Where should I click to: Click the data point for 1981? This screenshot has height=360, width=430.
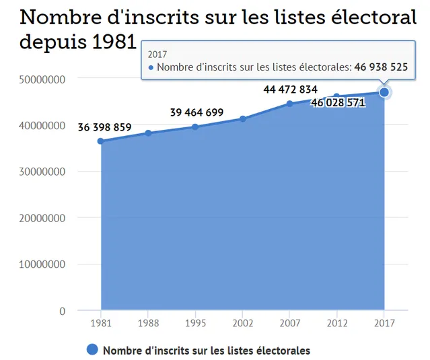click(x=100, y=141)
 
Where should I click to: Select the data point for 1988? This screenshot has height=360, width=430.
click(x=148, y=133)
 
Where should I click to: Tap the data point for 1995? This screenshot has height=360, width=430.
click(x=195, y=127)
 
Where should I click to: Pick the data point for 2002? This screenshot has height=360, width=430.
click(x=242, y=119)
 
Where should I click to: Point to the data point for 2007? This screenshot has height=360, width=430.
click(x=290, y=104)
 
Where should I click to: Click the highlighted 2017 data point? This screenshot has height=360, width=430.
click(x=384, y=92)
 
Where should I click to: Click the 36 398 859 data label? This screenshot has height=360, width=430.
click(x=104, y=127)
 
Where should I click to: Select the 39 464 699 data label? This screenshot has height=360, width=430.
click(x=196, y=112)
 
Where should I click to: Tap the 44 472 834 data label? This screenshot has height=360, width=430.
click(x=291, y=89)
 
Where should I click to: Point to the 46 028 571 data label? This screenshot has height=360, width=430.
click(x=338, y=103)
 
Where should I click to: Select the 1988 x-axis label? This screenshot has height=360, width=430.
click(x=148, y=324)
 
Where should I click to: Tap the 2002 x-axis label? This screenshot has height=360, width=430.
click(x=242, y=324)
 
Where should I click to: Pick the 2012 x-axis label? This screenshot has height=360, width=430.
click(x=337, y=324)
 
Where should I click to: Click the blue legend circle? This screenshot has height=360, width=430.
click(x=93, y=350)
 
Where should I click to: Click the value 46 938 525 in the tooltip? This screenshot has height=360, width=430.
click(x=382, y=67)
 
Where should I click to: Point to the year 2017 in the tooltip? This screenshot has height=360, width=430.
click(x=157, y=54)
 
